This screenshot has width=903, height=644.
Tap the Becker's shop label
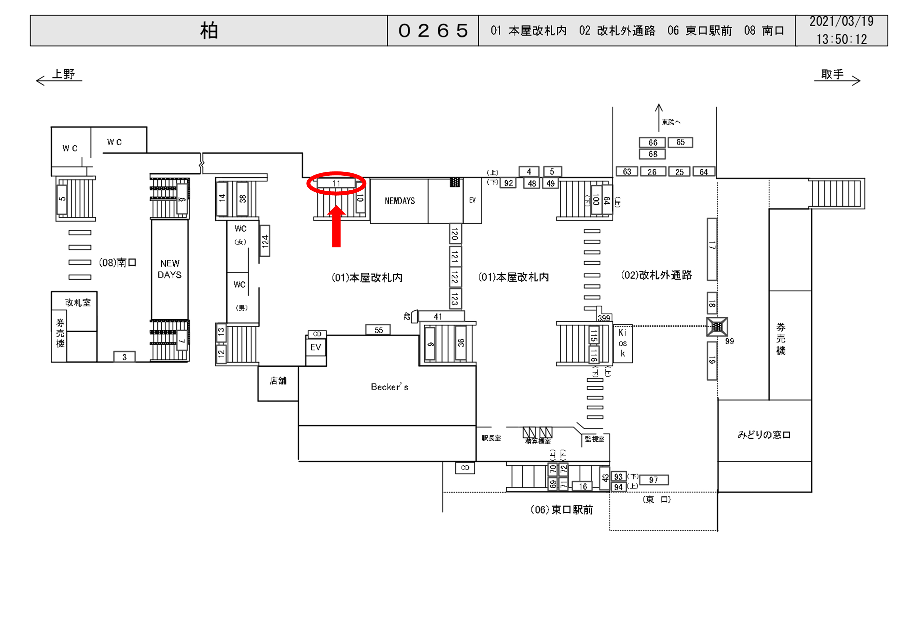[389, 387]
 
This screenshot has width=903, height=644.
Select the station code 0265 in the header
[433, 31]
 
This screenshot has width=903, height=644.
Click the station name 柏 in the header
[209, 31]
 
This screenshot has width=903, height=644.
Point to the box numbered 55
[378, 330]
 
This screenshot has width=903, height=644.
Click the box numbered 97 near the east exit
[653, 480]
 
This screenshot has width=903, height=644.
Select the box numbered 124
[265, 241]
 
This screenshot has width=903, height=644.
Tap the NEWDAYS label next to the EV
[399, 201]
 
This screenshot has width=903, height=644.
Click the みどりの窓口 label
[763, 435]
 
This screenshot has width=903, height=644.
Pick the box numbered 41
[441, 316]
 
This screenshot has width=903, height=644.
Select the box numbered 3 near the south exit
[124, 357]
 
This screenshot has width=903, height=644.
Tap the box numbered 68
[652, 154]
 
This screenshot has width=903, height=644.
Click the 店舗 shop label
[278, 381]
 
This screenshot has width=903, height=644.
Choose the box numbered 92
[508, 183]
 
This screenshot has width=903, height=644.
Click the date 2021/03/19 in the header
[841, 22]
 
